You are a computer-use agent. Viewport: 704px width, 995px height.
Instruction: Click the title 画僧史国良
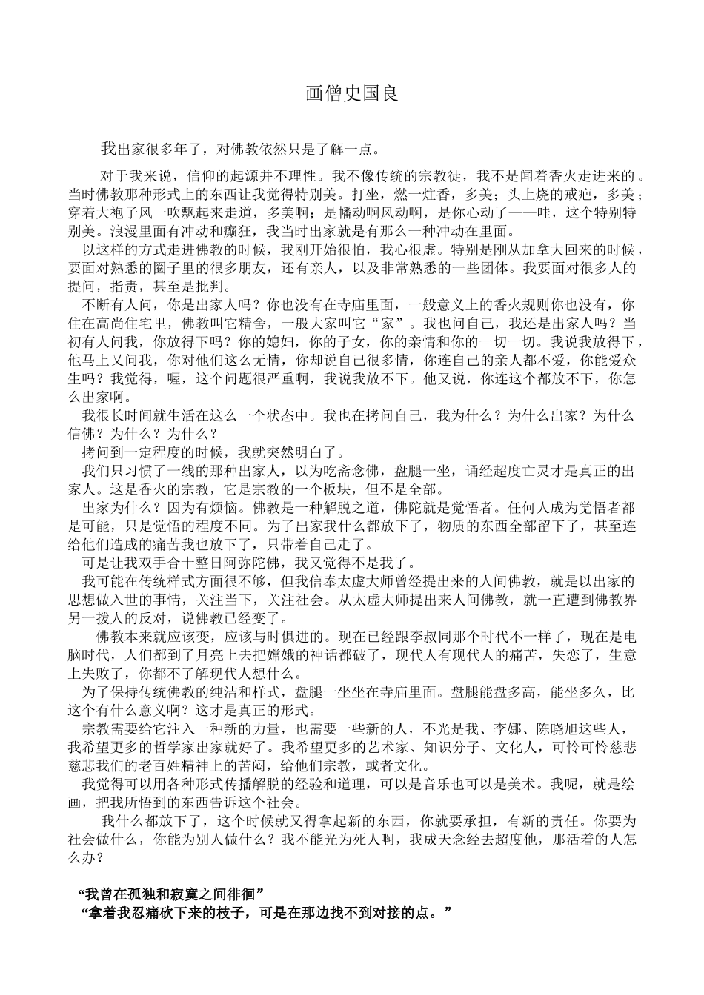coord(352,95)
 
